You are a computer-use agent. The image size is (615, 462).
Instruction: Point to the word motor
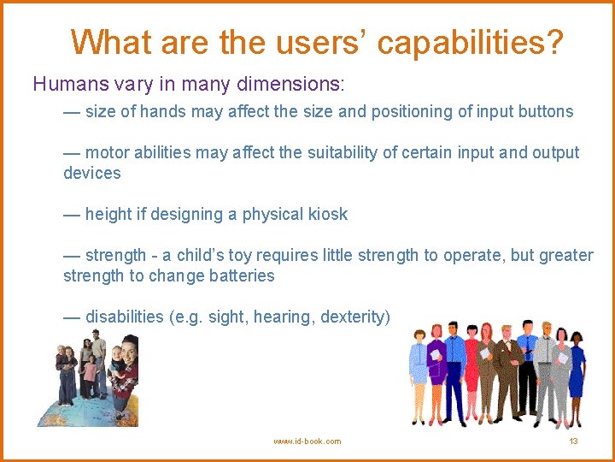pos(108,152)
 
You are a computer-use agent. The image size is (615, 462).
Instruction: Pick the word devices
pos(91,173)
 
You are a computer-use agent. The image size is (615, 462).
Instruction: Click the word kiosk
pos(325,214)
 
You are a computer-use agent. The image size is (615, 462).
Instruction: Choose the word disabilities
pos(124,317)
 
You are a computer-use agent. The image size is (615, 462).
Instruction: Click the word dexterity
pos(354,317)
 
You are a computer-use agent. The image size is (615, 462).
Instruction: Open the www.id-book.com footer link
pos(307,441)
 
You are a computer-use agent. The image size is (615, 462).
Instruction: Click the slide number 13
pos(573,441)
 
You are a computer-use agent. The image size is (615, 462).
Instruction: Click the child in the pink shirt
pos(90,376)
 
